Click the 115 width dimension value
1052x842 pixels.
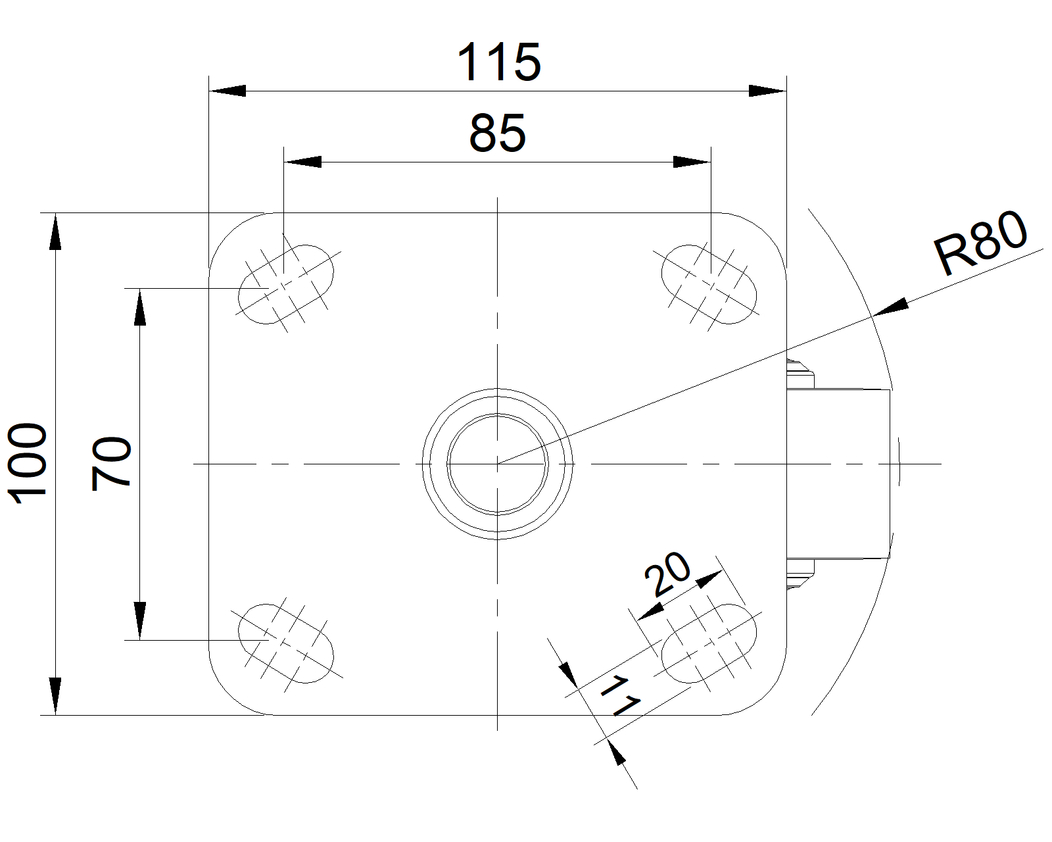499,62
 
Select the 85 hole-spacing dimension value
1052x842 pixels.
498,133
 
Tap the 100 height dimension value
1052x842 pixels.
28,464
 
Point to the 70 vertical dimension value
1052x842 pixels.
112,463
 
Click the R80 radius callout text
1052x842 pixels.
980,243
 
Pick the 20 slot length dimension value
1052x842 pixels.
668,574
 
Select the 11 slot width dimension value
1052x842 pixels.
619,696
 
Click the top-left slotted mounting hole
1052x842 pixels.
286,284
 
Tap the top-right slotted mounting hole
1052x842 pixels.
709,284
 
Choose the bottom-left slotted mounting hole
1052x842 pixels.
286,643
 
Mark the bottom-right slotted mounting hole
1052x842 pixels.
709,643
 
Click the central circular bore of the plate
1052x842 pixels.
497,464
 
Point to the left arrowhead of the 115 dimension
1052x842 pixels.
227,91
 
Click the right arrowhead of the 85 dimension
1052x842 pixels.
692,162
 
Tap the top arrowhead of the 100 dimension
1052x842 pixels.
55,232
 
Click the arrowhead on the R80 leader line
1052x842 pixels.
891,307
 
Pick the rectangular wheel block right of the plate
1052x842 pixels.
838,474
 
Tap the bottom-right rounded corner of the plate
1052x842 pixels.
760,689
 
